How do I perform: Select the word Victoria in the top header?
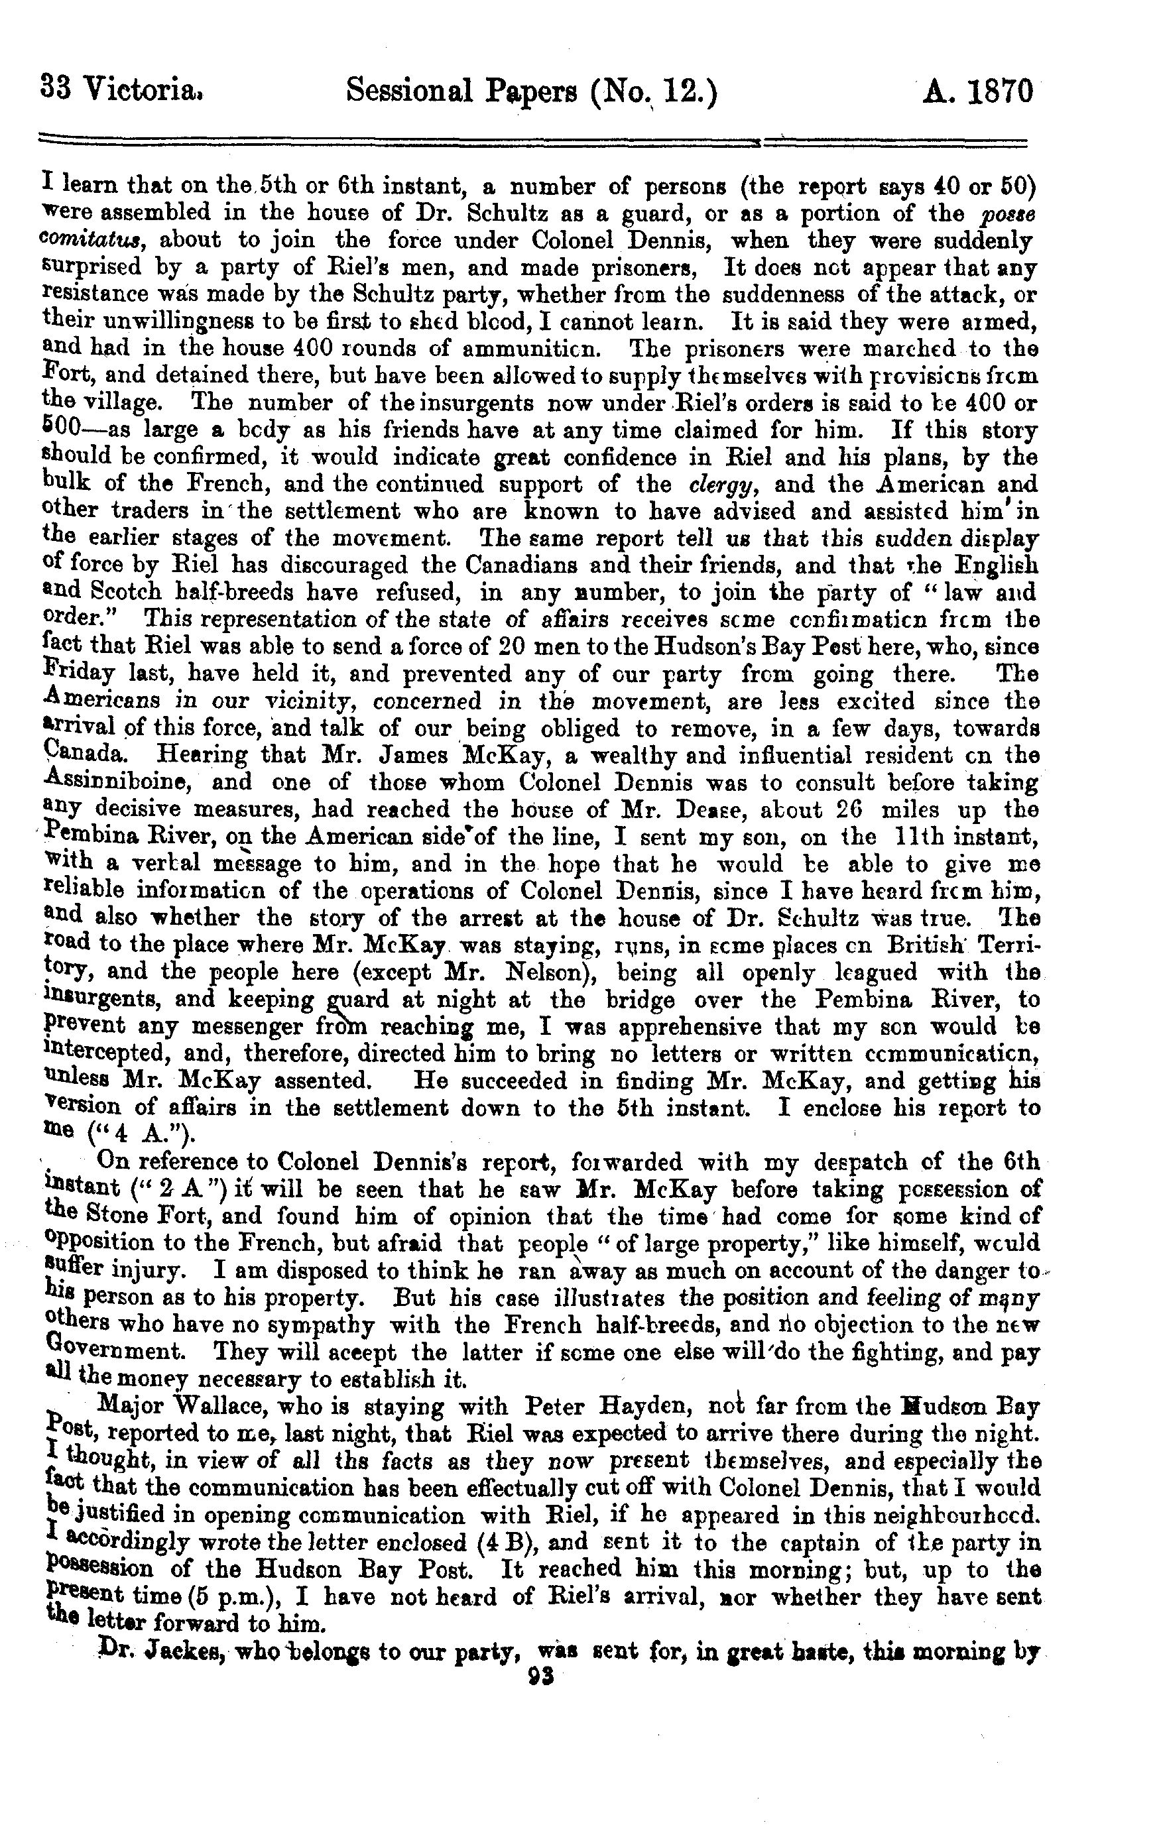tap(141, 92)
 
